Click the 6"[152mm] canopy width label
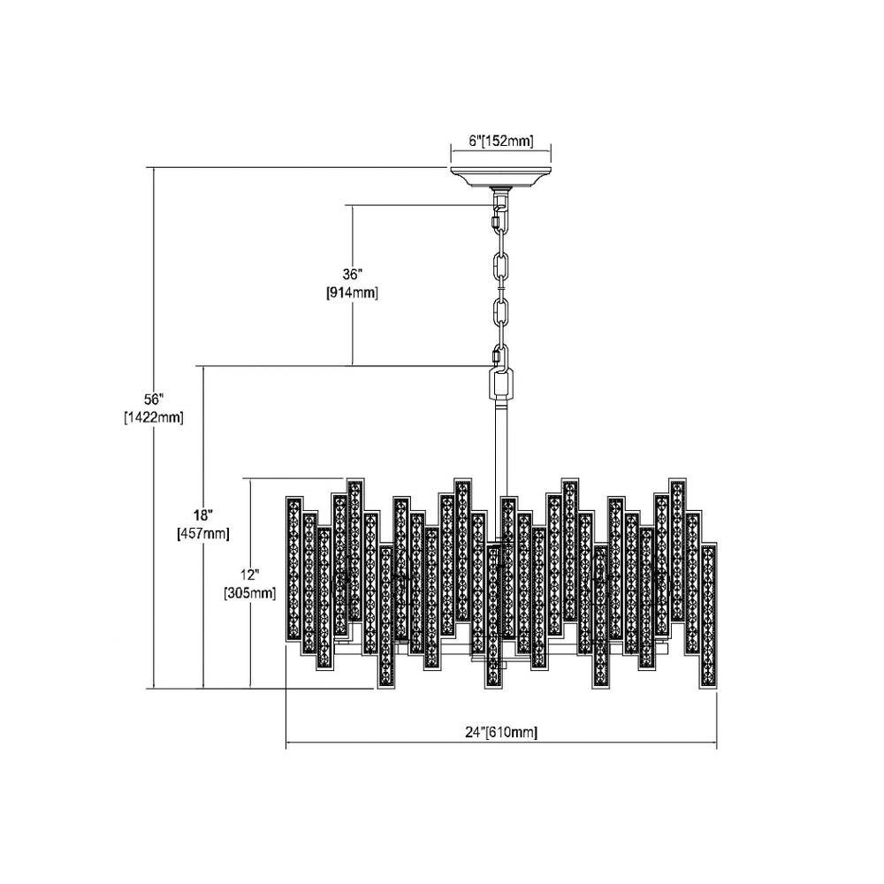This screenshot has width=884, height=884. [500, 141]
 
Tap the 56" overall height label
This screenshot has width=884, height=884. [153, 400]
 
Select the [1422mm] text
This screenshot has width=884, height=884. [153, 418]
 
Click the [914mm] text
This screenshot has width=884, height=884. [352, 293]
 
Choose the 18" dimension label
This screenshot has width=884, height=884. [202, 515]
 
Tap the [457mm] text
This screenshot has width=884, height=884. [203, 533]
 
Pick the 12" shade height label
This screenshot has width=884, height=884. [249, 575]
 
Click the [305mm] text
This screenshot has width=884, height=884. [250, 593]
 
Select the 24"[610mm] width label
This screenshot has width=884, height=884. [500, 732]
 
